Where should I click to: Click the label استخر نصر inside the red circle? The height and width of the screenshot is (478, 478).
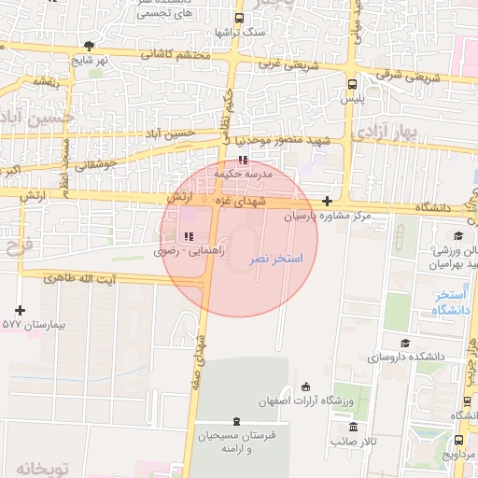(277, 257)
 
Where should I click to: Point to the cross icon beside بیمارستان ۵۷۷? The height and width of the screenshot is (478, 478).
(21, 309)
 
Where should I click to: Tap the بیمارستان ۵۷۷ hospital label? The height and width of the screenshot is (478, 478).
(23, 324)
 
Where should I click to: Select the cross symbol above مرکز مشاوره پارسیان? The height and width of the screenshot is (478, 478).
(327, 201)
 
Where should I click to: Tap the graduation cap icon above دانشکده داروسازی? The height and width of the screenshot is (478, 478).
(404, 343)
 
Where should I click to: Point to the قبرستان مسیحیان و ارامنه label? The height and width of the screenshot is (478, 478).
(224, 442)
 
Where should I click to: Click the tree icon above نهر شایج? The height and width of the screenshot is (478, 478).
(89, 45)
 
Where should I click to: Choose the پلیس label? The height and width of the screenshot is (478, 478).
(350, 97)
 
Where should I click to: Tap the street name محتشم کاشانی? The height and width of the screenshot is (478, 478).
(176, 54)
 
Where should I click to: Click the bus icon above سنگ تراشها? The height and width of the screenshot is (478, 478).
(240, 18)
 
